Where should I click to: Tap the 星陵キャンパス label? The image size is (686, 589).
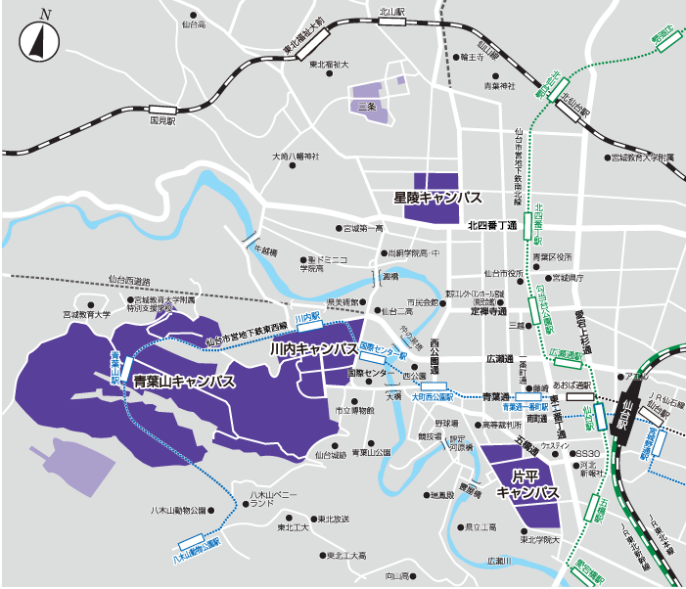click(437, 198)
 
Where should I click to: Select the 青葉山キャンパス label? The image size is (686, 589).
click(184, 382)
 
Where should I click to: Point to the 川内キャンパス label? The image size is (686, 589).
click(312, 349)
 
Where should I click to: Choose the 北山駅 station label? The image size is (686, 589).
click(391, 13)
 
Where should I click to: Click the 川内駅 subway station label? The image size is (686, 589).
click(307, 319)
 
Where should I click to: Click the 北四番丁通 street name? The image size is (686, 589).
click(491, 225)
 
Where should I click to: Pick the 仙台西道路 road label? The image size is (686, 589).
click(128, 282)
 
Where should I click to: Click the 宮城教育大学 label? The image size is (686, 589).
click(87, 315)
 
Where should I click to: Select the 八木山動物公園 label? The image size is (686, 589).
click(177, 510)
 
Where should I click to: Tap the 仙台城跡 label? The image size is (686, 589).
click(331, 455)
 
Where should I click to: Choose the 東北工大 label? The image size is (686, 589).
click(293, 528)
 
